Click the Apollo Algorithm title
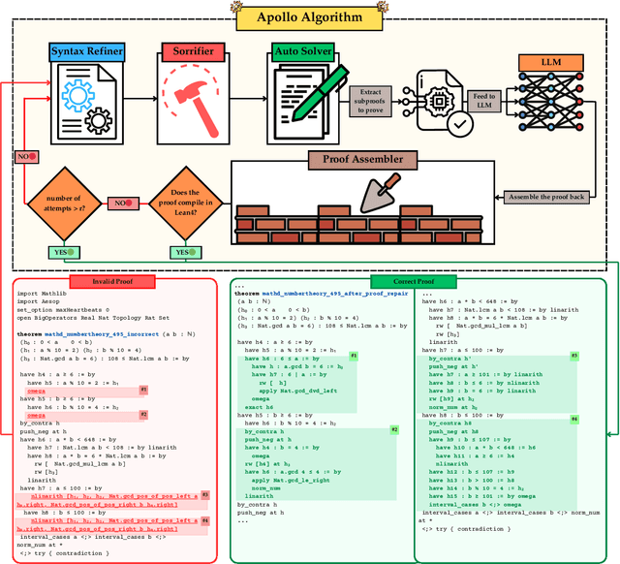pyautogui.click(x=311, y=16)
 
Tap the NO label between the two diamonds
pyautogui.click(x=124, y=204)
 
